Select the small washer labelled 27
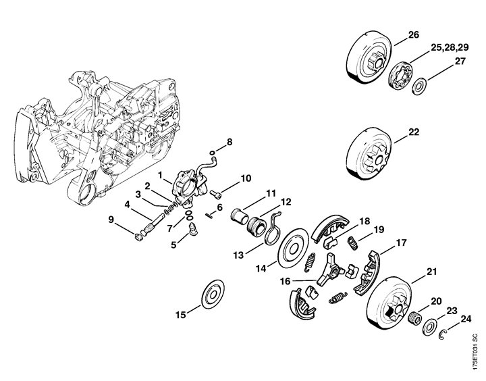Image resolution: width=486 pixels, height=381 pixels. tap(419, 86)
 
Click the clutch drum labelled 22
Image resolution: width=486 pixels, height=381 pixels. tap(371, 155)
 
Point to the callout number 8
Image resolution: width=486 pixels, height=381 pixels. tap(229, 142)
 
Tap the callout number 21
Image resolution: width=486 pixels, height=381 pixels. tap(432, 272)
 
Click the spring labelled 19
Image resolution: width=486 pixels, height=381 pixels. tap(351, 241)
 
